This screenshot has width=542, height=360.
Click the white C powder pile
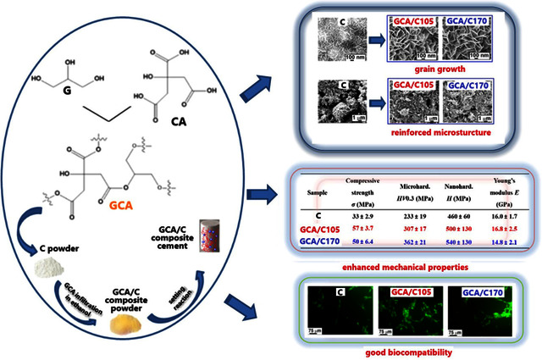tap(53, 269)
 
